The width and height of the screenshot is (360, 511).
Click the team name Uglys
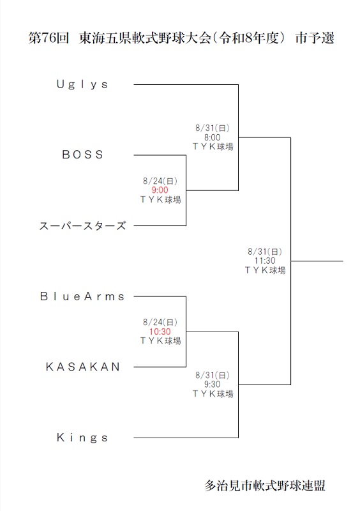pyautogui.click(x=82, y=85)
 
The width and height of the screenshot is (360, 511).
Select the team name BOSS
pyautogui.click(x=82, y=155)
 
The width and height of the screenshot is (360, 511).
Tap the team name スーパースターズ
pyautogui.click(x=82, y=225)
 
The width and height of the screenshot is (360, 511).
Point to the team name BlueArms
pyautogui.click(x=82, y=296)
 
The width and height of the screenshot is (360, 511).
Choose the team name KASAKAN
pyautogui.click(x=83, y=367)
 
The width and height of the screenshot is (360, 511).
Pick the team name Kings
pyautogui.click(x=82, y=438)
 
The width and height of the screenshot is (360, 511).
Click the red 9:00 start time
pyautogui.click(x=160, y=190)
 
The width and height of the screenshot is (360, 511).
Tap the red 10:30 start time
pyautogui.click(x=160, y=332)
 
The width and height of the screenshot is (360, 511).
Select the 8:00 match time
pyautogui.click(x=213, y=137)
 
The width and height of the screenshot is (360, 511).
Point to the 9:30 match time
pyautogui.click(x=213, y=385)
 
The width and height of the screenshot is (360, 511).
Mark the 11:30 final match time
pyautogui.click(x=265, y=261)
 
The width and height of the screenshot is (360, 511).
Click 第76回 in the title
pyautogui.click(x=49, y=38)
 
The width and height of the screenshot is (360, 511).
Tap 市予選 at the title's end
pyautogui.click(x=315, y=38)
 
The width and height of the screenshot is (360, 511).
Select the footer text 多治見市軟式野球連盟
pyautogui.click(x=264, y=485)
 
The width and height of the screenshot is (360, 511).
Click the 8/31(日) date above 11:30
pyautogui.click(x=265, y=252)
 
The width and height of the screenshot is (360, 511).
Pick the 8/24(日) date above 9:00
pyautogui.click(x=160, y=181)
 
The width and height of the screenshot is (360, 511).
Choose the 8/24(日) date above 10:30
pyautogui.click(x=160, y=323)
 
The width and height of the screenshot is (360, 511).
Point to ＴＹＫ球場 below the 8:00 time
pyautogui.click(x=213, y=147)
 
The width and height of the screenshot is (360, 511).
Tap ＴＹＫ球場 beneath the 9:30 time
pyautogui.click(x=213, y=393)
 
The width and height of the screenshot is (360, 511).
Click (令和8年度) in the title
pyautogui.click(x=249, y=38)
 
